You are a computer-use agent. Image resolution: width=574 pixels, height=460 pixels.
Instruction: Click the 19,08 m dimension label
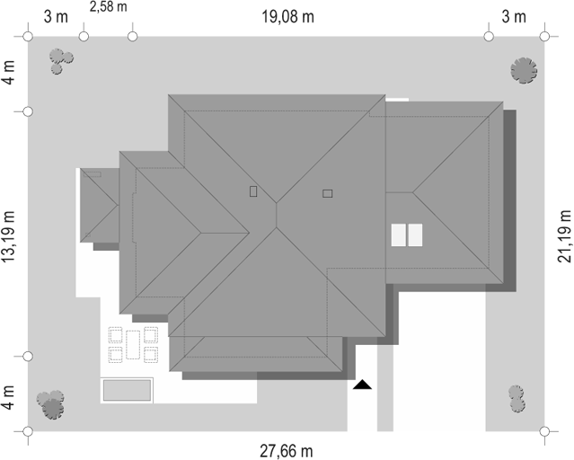click(287, 17)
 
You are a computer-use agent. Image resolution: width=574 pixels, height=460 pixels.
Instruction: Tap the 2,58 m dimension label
click(109, 6)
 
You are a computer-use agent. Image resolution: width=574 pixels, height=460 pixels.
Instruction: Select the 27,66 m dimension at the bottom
click(287, 451)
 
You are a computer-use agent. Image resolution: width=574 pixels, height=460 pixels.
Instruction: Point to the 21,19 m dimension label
click(564, 236)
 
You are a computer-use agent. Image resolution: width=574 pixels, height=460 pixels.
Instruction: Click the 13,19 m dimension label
click(8, 236)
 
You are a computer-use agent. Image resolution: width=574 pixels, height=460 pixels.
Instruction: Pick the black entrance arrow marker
click(362, 385)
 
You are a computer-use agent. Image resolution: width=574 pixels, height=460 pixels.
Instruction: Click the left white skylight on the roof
click(399, 235)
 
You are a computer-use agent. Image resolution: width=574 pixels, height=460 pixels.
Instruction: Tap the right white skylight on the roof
click(415, 235)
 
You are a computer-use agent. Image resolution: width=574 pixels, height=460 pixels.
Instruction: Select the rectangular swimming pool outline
click(127, 391)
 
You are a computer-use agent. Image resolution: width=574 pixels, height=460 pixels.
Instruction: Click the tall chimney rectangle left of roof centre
click(253, 191)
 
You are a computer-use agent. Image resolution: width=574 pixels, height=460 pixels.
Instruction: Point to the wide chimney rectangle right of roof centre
click(328, 193)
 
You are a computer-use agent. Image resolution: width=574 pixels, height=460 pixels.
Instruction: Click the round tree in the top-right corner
click(524, 70)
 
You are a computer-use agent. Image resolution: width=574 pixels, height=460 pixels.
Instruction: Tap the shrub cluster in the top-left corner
click(61, 61)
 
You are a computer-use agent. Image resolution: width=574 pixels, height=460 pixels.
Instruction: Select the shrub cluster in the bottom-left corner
click(51, 404)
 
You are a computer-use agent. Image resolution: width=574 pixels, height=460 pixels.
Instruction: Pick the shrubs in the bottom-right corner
click(517, 399)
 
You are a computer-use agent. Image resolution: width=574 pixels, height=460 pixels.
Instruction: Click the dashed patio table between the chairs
click(133, 345)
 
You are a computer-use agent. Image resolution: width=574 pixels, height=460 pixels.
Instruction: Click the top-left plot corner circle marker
click(28, 37)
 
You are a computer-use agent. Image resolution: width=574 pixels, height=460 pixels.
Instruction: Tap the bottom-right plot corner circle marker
click(544, 431)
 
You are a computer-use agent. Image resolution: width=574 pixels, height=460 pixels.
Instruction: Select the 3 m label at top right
click(514, 17)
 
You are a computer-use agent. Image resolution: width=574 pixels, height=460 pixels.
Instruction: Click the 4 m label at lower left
click(8, 397)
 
